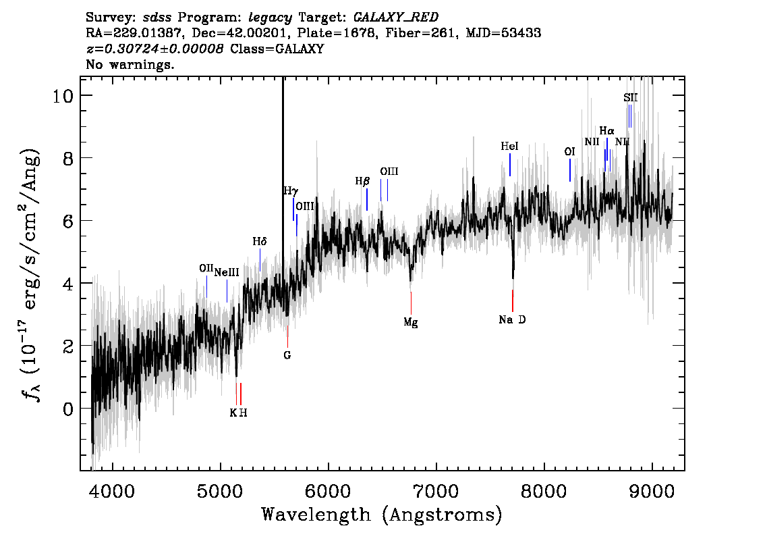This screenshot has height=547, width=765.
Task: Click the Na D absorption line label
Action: tap(512, 319)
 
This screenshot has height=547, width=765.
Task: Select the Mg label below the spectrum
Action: tap(411, 323)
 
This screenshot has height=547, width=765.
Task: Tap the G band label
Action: tap(287, 355)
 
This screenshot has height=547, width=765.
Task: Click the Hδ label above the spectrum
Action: tap(260, 241)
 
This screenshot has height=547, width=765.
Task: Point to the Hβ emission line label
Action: tap(363, 182)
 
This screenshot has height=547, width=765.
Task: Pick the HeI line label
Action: tap(510, 147)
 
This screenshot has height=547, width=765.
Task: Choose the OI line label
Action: tap(569, 152)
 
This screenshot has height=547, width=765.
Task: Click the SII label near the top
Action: tap(630, 98)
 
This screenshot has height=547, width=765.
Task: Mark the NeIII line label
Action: tap(227, 273)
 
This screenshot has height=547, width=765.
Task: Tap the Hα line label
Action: tap(607, 131)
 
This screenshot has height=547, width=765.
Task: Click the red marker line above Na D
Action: tap(513, 301)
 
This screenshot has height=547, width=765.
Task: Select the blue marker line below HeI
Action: tap(510, 165)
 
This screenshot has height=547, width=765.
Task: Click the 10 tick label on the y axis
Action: tap(65, 95)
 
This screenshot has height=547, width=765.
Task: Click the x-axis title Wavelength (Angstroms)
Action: tap(382, 515)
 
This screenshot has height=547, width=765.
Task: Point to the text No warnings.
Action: tap(130, 66)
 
